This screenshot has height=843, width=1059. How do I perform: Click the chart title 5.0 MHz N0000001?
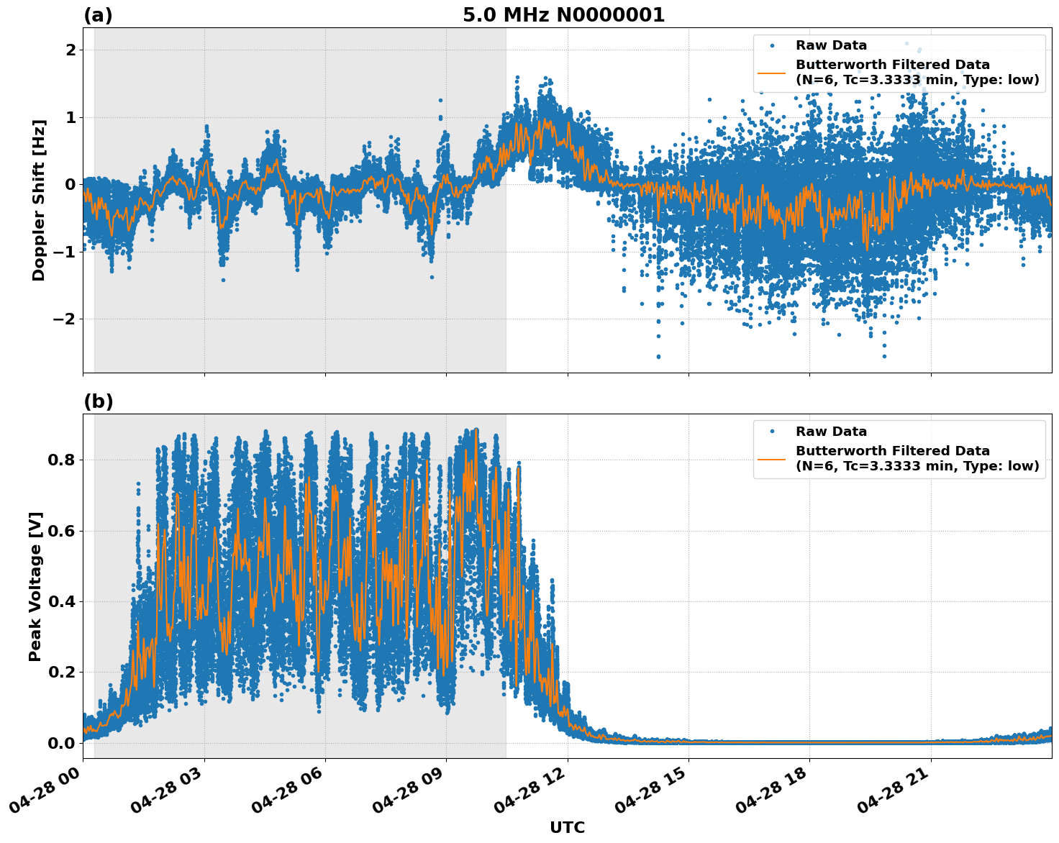click(563, 15)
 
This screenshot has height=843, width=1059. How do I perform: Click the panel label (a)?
click(98, 15)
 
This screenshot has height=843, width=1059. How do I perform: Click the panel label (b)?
click(98, 401)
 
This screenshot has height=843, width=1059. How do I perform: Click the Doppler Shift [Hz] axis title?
click(39, 200)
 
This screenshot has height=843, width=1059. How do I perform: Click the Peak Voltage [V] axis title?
click(35, 586)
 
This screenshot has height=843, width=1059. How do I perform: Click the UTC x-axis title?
click(567, 827)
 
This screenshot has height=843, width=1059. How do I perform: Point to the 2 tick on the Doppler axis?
click(71, 50)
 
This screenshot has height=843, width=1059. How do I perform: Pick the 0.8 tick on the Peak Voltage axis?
click(61, 460)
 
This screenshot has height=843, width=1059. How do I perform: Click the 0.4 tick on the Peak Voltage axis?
click(61, 601)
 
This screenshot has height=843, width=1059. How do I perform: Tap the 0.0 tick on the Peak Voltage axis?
click(61, 743)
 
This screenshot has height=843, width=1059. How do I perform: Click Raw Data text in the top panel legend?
click(831, 45)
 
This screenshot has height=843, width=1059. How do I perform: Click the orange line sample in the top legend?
click(772, 73)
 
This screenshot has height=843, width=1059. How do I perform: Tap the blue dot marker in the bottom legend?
click(772, 432)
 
